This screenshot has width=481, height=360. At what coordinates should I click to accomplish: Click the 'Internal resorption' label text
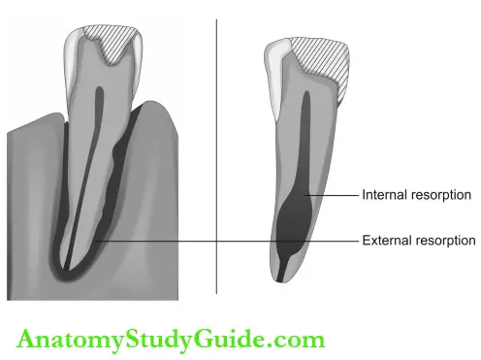coord(416,195)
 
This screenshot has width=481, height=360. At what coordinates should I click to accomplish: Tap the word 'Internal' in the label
coord(383,195)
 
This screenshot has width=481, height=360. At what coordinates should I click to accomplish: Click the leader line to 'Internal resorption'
coord(335,195)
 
